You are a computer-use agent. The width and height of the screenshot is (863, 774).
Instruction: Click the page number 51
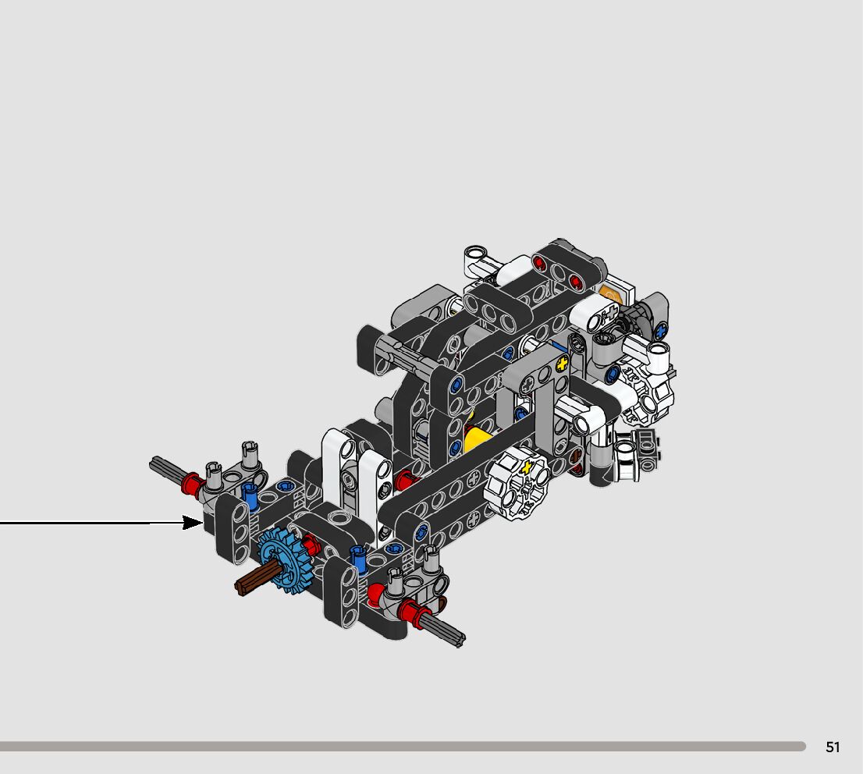pyautogui.click(x=833, y=747)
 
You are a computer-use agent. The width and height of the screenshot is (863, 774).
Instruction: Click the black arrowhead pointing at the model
pyautogui.click(x=193, y=523)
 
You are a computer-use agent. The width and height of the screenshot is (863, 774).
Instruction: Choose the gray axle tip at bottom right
pyautogui.click(x=444, y=630)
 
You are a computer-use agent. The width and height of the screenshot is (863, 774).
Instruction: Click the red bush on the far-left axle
pyautogui.click(x=192, y=483)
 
